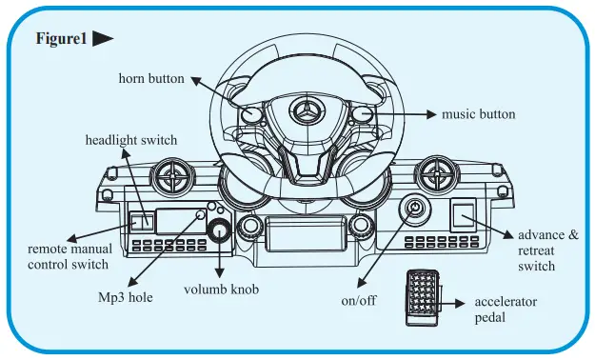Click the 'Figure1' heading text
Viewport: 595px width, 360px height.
pos(60,40)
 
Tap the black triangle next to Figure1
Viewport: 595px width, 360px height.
pos(104,40)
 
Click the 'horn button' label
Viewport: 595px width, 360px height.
pos(151,78)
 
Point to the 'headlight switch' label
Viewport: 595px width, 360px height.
pos(131,141)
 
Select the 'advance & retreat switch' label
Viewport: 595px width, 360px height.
pos(547,250)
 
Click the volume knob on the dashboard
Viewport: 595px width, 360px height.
pos(221,230)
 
